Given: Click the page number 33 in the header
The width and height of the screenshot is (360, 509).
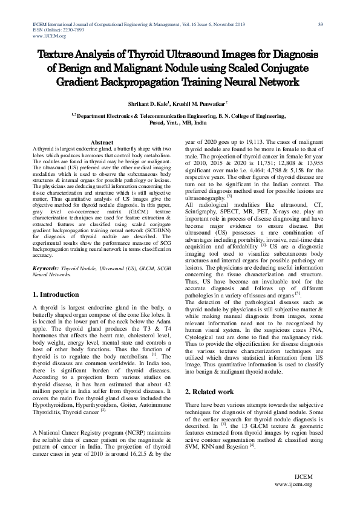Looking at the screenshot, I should [x=320, y=24].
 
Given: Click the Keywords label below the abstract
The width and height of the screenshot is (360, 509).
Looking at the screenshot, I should [x=45, y=267].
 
